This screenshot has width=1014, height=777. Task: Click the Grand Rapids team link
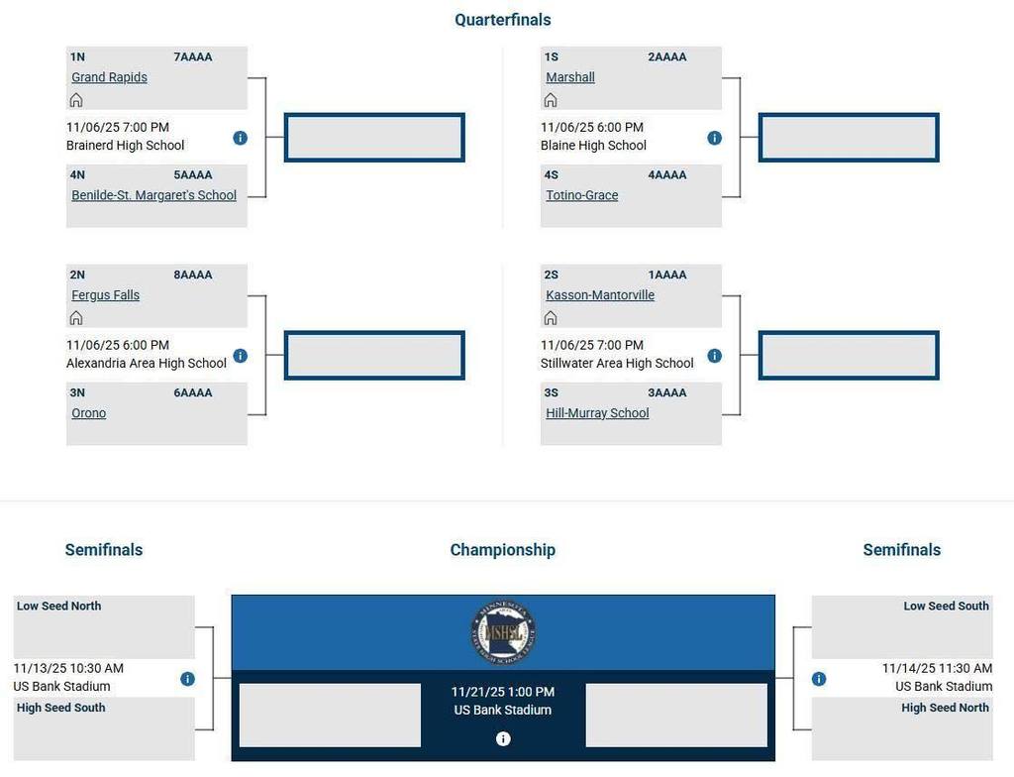click(109, 77)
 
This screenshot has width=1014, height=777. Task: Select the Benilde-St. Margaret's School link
click(153, 195)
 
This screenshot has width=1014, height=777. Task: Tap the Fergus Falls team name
click(105, 295)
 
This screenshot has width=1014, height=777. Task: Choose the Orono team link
click(88, 413)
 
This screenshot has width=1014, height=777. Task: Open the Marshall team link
click(570, 77)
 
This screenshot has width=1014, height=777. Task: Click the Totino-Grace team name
click(582, 195)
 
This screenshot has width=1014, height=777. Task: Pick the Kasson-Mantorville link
click(600, 295)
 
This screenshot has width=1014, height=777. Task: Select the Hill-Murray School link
click(597, 413)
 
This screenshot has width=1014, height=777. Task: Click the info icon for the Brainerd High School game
click(240, 138)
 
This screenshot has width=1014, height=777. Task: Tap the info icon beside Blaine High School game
click(714, 138)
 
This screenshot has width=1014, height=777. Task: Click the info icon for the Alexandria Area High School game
click(240, 356)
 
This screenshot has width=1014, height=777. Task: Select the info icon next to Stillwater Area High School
click(714, 356)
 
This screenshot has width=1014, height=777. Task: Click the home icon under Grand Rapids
click(76, 100)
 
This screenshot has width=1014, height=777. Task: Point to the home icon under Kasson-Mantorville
click(551, 318)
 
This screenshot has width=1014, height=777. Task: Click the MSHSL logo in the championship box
click(503, 632)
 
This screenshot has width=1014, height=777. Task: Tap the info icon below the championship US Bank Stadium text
click(503, 738)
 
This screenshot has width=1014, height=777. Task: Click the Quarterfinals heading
click(503, 20)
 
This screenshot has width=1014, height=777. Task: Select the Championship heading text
click(503, 550)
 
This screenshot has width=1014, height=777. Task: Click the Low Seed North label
click(58, 607)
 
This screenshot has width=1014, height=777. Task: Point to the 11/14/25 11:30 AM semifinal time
click(937, 669)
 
